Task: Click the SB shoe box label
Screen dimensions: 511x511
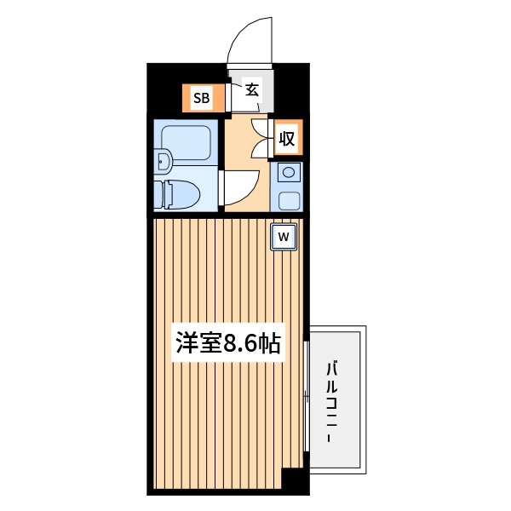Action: [x=201, y=97]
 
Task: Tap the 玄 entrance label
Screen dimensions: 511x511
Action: [x=252, y=89]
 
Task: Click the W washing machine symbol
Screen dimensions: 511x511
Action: [x=283, y=236]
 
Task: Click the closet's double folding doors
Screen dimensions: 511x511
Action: [x=262, y=138]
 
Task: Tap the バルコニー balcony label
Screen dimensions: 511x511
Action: [x=336, y=400]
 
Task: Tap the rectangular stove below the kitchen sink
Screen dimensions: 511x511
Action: [x=289, y=201]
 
